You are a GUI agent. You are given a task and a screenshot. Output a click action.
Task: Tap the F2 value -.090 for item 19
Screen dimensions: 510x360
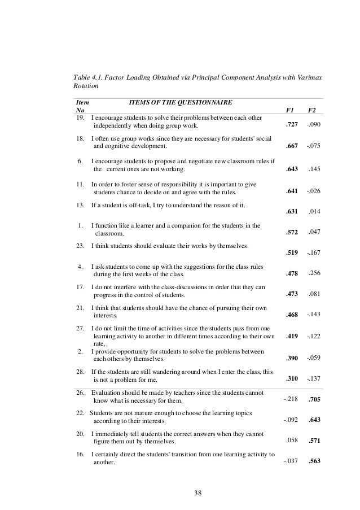tap(313, 125)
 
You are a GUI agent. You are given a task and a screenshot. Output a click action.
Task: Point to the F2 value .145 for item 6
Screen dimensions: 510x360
tap(314, 169)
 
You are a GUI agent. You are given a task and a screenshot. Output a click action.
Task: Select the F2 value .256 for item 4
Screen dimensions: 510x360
tap(314, 274)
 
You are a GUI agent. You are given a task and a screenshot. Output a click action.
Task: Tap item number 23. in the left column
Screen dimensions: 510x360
tap(81, 246)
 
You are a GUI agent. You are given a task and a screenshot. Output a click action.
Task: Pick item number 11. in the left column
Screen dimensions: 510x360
tap(81, 184)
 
